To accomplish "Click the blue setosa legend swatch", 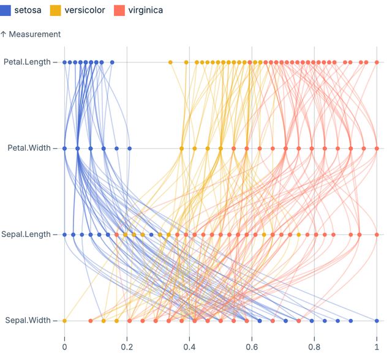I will pyautogui.click(x=7, y=10).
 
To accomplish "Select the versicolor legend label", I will pyautogui.click(x=85, y=10).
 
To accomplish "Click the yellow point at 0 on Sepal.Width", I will pyautogui.click(x=64, y=320).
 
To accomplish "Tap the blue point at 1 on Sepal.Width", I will pyautogui.click(x=377, y=320).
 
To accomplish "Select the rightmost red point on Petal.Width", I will pyautogui.click(x=377, y=148).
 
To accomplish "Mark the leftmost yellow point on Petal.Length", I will pyautogui.click(x=170, y=62).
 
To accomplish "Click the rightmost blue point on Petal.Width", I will pyautogui.click(x=129, y=148).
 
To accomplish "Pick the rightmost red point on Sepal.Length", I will pyautogui.click(x=377, y=234).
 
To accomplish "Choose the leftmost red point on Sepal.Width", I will pyautogui.click(x=91, y=320).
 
